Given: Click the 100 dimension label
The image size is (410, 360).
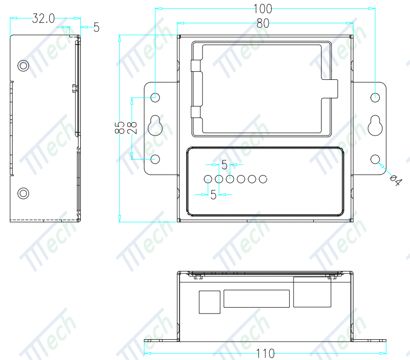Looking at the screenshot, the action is click(x=263, y=9).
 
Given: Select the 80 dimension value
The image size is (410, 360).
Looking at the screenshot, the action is click(x=263, y=23).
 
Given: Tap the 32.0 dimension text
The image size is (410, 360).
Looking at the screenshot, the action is click(x=44, y=18).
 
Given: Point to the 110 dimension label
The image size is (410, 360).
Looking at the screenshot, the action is click(x=265, y=353).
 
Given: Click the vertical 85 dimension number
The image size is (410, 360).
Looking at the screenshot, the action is click(x=120, y=127).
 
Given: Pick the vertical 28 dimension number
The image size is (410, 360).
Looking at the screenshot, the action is click(x=132, y=128).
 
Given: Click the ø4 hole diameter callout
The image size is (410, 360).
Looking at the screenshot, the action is click(x=395, y=180).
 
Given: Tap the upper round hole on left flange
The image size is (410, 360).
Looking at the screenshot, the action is click(x=155, y=98).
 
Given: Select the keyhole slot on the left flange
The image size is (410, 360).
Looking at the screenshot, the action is click(x=155, y=125).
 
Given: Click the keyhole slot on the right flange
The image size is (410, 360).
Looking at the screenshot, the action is click(x=375, y=125).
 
